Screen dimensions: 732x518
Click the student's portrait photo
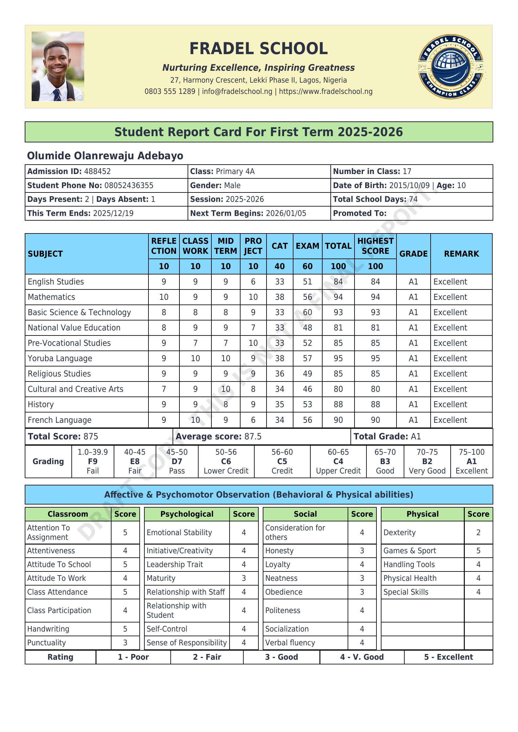click(58, 66)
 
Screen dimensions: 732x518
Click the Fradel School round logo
click(450, 67)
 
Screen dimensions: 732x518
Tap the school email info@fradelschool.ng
click(237, 91)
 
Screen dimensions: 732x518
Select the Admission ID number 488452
click(97, 171)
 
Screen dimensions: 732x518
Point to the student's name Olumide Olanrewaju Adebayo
click(105, 156)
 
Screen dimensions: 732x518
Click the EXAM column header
click(307, 246)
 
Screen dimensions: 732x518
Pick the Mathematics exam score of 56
click(307, 297)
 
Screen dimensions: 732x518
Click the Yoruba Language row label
click(60, 358)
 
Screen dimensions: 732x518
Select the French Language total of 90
click(338, 420)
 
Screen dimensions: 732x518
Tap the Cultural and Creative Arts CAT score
click(279, 389)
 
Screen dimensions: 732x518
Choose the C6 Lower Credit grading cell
click(226, 461)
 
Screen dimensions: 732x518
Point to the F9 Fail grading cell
click(92, 461)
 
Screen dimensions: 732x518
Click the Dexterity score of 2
click(478, 532)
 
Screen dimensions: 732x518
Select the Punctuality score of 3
click(125, 643)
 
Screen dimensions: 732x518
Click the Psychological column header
click(187, 514)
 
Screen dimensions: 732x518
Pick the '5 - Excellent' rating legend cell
click(448, 657)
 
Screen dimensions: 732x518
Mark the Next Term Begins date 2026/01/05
click(286, 213)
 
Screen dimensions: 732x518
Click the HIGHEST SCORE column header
click(375, 246)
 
